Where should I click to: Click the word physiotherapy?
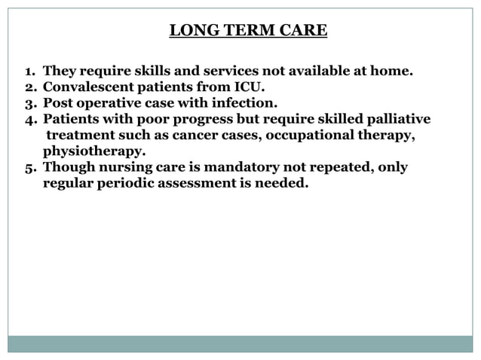[94, 151]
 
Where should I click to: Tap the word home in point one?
[393, 72]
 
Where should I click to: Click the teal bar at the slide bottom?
[240, 343]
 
